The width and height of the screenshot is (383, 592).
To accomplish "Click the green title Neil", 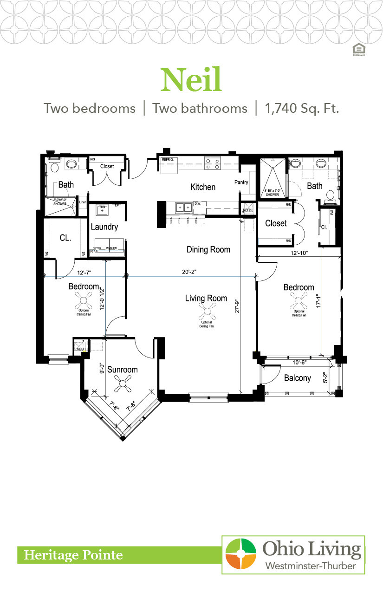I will [191, 80].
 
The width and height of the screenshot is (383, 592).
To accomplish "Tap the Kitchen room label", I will [203, 187].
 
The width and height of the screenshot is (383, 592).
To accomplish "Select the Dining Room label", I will [208, 250].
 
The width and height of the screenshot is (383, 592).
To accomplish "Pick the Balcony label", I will [298, 378].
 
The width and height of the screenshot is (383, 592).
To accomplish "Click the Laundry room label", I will [104, 227].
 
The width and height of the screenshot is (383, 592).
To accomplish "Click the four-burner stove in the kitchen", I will [213, 163].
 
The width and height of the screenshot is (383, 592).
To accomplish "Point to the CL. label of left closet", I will [65, 238].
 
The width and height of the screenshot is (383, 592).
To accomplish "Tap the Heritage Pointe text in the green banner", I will [74, 555].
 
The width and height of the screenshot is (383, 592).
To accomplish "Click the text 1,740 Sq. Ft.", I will [302, 108].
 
